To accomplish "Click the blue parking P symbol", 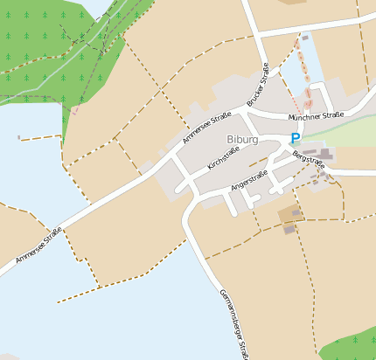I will tap(295, 138).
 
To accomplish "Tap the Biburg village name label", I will tap(242, 139).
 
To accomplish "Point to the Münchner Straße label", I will tap(317, 115).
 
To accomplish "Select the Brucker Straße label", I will tap(257, 87).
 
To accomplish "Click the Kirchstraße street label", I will tap(223, 157).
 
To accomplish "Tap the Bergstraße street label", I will tap(309, 161).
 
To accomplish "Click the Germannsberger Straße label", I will tap(234, 323).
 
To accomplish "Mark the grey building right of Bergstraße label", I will tap(325, 155).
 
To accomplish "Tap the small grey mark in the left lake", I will tap(18, 136).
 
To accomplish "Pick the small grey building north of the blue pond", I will tap(305, 38).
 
